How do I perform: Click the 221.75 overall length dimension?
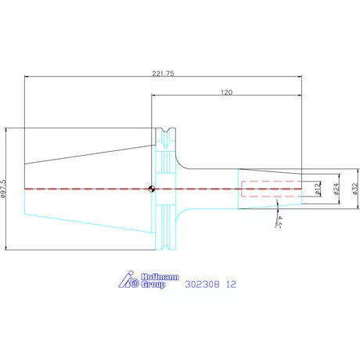point(163,74)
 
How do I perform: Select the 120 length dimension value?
point(226,92)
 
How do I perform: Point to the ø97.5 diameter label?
point(3,189)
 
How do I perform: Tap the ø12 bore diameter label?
point(317,189)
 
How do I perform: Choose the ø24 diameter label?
point(337,189)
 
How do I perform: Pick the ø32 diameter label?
point(355,189)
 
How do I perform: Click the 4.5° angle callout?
point(279,221)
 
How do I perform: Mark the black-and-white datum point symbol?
point(152,189)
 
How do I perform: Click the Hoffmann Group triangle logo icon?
point(129,279)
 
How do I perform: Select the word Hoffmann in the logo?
point(160,277)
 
